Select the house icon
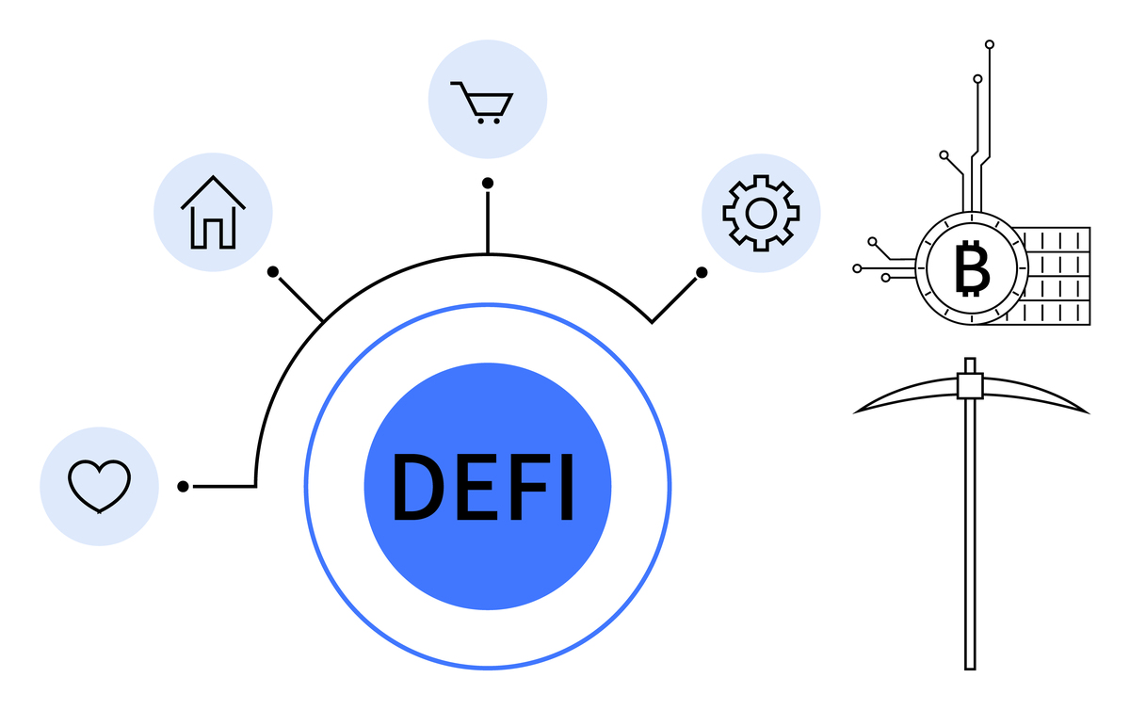tap(213, 213)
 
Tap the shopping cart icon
tap(482, 103)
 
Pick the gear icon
tap(761, 213)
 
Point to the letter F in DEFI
tap(529, 487)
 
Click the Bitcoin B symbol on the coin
tap(972, 268)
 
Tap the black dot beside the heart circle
tap(183, 487)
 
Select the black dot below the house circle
tap(273, 272)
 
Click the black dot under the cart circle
tap(488, 184)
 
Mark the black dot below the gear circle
tap(702, 272)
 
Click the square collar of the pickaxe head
tap(970, 386)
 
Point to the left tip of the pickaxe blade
tap(853, 413)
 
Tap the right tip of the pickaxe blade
tap(1090, 413)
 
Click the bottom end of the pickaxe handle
tap(970, 670)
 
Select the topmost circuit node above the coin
tap(990, 44)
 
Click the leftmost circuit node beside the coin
tap(857, 268)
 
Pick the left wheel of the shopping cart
tap(481, 121)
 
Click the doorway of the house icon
tap(213, 234)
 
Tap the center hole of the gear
tap(761, 214)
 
